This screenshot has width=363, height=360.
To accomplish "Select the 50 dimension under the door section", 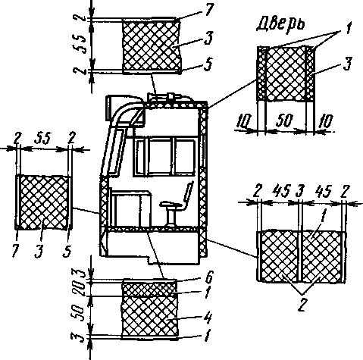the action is pos(285,121).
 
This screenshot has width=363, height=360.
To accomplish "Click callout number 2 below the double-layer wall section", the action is pos(302,305).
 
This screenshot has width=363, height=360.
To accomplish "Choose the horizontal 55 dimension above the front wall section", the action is pos(42,139).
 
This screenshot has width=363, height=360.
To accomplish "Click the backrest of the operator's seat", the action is pos(189,193).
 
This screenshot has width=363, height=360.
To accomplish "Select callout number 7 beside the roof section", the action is pos(209,10).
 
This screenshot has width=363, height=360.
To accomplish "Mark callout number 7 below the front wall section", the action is pos(16,251).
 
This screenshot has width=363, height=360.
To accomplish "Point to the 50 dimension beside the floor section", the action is pos(79,311).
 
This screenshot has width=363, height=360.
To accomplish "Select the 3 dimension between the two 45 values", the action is pos(299,191).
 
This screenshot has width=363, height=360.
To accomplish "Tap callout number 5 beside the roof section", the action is pos(208,64).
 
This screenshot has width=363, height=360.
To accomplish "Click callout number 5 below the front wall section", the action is pos(67,251).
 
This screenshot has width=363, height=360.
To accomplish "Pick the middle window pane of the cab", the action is pos(160,157).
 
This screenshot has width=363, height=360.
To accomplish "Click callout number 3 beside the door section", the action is pos(348,63).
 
